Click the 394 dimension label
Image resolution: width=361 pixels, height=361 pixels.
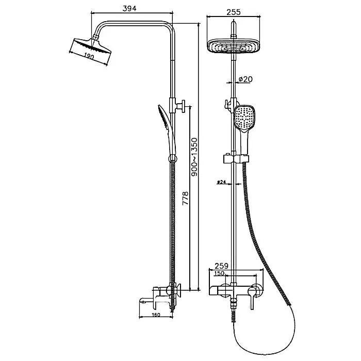click(x=129, y=9)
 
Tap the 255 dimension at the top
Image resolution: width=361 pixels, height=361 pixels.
click(x=234, y=12)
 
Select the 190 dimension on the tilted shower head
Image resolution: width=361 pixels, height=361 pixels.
click(x=89, y=56)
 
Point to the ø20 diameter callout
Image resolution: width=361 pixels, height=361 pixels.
click(x=245, y=79)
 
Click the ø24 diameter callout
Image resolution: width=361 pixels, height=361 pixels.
click(x=221, y=182)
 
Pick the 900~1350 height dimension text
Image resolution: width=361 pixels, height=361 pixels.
click(x=194, y=157)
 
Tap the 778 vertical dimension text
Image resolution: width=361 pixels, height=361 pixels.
click(x=185, y=198)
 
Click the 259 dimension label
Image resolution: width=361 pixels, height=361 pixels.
click(x=221, y=266)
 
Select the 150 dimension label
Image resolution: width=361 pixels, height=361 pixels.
click(x=219, y=273)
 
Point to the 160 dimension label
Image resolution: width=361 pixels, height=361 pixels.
click(x=156, y=315)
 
